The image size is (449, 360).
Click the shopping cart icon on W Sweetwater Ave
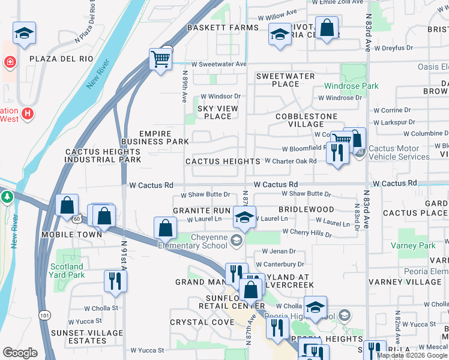coord(160,60)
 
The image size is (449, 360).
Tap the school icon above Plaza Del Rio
coord(24,34)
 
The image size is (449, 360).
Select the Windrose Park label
coord(351,86)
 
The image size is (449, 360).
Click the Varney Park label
coord(418,245)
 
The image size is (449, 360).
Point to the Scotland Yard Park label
coord(67,271)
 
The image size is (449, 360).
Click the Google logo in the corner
coord(20,352)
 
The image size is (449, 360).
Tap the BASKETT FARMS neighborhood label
coord(214,28)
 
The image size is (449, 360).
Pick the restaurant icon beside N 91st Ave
coord(114,281)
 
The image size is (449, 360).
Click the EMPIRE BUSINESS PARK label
coord(155,137)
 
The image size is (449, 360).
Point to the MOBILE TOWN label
coord(71,234)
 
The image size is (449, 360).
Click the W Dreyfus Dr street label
coord(393,47)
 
